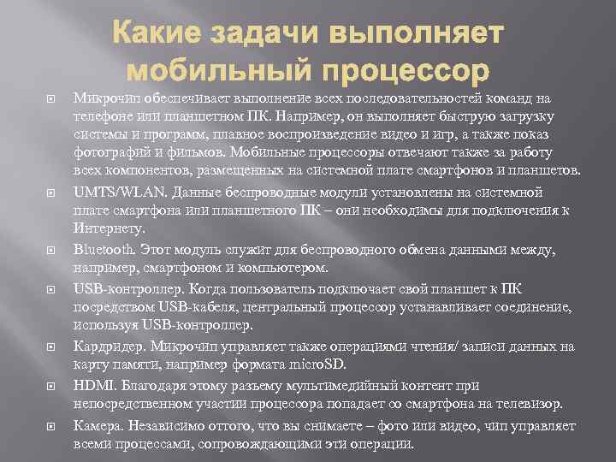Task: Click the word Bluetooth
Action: coord(104,250)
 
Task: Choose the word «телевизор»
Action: coord(528,403)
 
